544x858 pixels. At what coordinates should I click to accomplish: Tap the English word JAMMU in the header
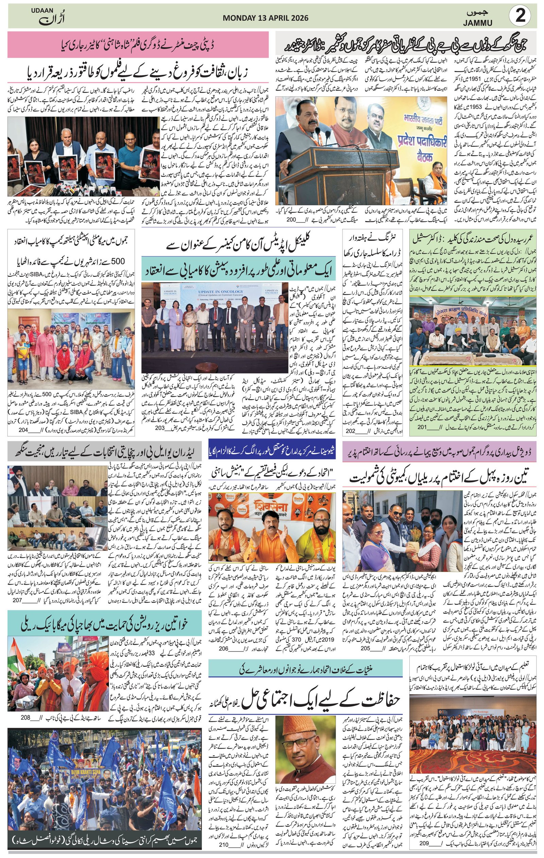[x=479, y=23]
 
